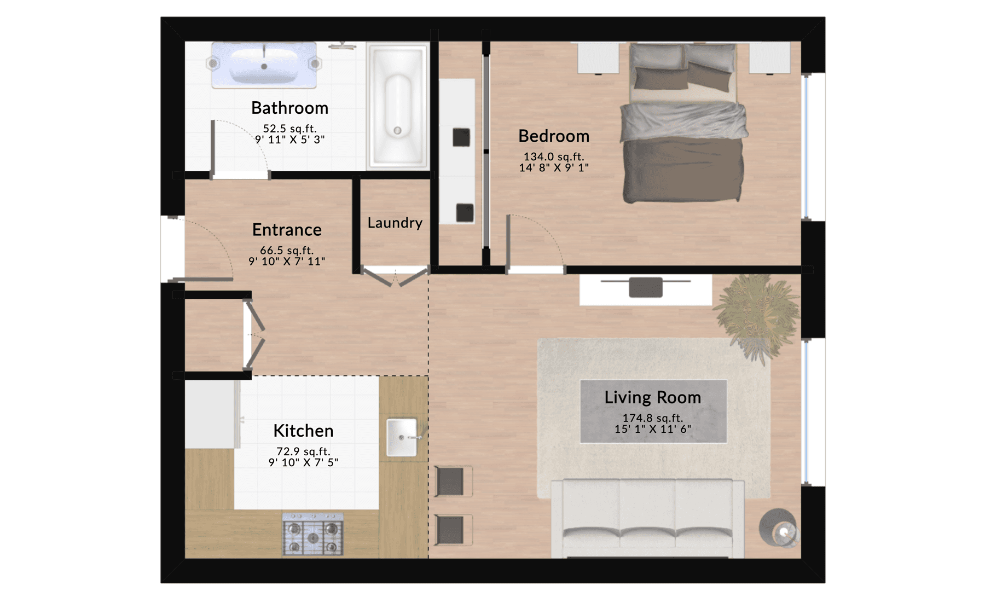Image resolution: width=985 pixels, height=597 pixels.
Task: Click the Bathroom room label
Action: coord(289,108)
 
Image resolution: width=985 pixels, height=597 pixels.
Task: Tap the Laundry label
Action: coord(395,223)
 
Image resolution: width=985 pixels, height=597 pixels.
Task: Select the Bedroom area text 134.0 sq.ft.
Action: coord(554,157)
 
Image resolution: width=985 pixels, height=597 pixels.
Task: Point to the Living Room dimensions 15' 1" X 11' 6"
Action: coord(652,430)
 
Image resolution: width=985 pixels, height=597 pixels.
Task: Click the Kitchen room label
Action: coord(303,431)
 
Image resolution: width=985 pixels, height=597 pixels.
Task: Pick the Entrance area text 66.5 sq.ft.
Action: coord(287,251)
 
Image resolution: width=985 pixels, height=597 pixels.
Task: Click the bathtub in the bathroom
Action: coord(398,105)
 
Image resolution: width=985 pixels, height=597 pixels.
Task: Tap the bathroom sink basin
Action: coord(264,65)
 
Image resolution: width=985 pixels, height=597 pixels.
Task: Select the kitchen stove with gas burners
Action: coord(313,534)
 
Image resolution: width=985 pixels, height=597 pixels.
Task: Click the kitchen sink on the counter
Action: coord(402,437)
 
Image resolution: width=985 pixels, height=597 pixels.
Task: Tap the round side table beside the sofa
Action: coord(778,528)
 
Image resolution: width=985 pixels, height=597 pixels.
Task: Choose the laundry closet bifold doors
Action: coord(395,277)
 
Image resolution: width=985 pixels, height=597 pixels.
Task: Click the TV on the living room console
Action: coord(646,287)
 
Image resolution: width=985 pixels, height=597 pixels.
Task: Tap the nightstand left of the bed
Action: coord(599,57)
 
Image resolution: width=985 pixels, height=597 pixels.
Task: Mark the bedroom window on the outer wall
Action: coord(807,147)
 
